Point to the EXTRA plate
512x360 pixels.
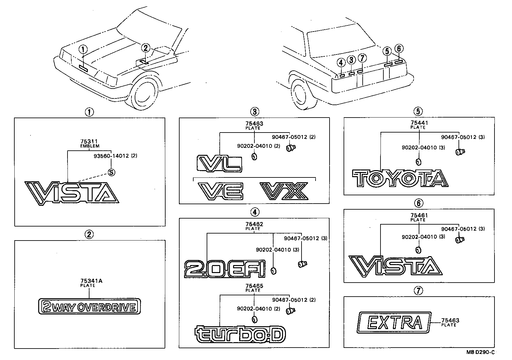pyautogui.click(x=394, y=322)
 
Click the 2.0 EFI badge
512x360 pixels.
pyautogui.click(x=225, y=269)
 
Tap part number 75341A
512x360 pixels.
pyautogui.click(x=87, y=281)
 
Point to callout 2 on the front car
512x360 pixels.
pyautogui.click(x=145, y=48)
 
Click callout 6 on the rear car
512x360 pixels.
pyautogui.click(x=399, y=49)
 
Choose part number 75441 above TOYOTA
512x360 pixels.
pyautogui.click(x=419, y=123)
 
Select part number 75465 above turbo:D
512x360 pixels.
pyautogui.click(x=254, y=286)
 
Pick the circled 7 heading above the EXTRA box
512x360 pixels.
pyautogui.click(x=418, y=290)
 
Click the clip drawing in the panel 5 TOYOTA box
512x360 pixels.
pyautogui.click(x=459, y=152)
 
